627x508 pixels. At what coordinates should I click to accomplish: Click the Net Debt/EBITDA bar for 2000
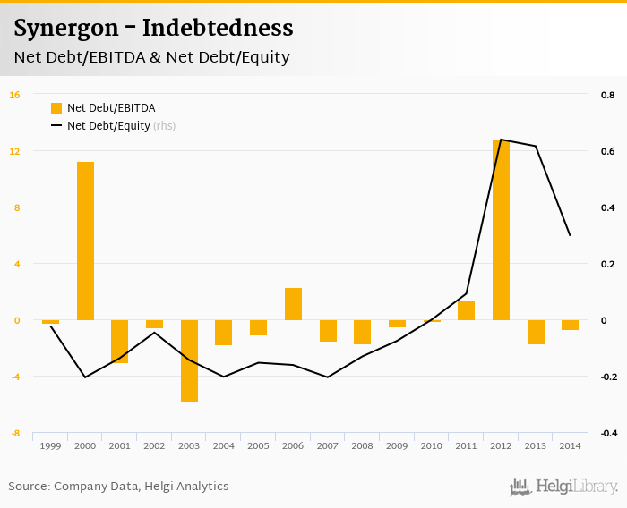(x=85, y=241)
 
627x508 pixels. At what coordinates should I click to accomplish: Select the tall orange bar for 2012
(x=501, y=230)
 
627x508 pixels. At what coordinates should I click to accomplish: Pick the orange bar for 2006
(x=293, y=304)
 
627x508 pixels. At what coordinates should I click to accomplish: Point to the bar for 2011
(x=466, y=310)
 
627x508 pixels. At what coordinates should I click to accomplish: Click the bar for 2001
(x=120, y=341)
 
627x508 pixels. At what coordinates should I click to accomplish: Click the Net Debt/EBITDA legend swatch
(x=56, y=108)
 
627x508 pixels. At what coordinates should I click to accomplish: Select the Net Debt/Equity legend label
(x=108, y=126)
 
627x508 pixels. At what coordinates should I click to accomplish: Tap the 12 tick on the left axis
(x=14, y=151)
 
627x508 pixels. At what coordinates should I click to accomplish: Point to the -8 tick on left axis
(x=14, y=433)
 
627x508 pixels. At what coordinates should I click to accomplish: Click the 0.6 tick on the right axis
(x=607, y=151)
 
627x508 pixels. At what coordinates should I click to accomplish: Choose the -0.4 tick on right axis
(x=607, y=433)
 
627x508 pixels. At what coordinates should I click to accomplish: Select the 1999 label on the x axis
(x=50, y=445)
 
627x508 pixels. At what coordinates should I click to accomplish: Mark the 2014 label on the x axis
(x=570, y=445)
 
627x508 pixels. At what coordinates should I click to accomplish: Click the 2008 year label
(x=362, y=445)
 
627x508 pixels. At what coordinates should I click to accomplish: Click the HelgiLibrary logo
(x=563, y=487)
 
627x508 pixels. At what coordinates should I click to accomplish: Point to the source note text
(x=118, y=487)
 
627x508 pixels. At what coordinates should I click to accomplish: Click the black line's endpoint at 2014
(x=570, y=235)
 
